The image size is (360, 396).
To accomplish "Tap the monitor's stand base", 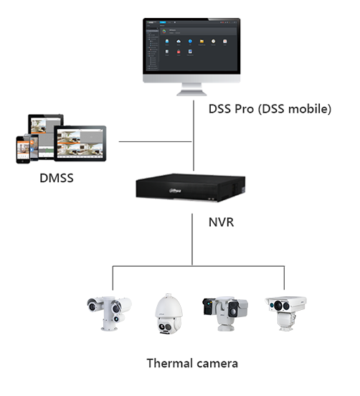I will (x=191, y=92).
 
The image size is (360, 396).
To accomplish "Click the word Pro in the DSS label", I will (x=245, y=110).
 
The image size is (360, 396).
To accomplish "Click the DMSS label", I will (x=57, y=176).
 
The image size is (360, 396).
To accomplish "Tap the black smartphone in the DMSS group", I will (x=22, y=148).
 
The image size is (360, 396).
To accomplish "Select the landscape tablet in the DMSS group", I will (x=80, y=143).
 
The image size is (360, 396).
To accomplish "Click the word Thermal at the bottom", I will (x=169, y=363).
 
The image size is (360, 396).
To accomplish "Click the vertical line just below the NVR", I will (x=192, y=240).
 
